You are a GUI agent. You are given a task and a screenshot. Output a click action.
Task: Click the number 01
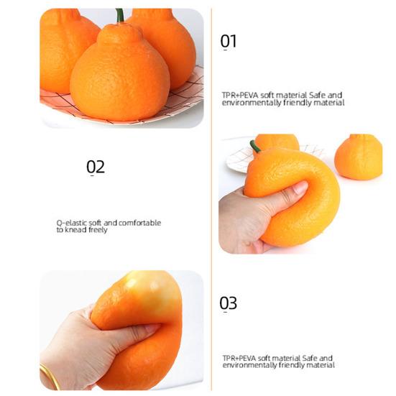228,42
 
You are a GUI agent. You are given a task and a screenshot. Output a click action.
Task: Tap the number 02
96,167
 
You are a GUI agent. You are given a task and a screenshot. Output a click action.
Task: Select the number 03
228,303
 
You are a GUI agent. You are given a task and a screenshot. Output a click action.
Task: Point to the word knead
76,230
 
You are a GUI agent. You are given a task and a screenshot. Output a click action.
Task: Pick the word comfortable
139,223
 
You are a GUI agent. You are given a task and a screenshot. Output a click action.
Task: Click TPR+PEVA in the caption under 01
239,95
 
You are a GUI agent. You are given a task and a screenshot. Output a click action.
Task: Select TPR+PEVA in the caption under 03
239,358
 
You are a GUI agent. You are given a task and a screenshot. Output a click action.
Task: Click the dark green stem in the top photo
119,15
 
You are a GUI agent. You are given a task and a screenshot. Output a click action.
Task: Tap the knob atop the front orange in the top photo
119,33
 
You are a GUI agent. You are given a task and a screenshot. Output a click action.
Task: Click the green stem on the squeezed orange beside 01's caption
254,147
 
